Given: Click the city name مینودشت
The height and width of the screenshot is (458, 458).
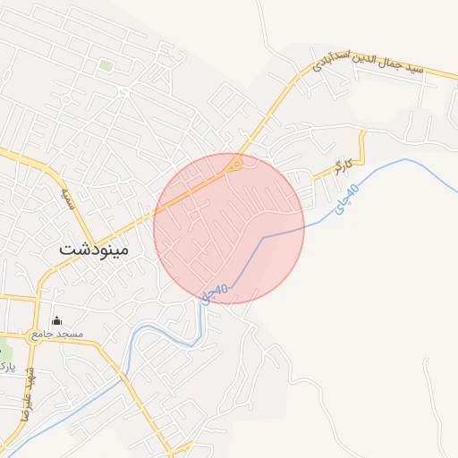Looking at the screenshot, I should point(94,249).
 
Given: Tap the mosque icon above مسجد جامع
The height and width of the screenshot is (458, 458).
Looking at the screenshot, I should point(57,321).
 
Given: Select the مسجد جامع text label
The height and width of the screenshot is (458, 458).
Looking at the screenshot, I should point(57,334).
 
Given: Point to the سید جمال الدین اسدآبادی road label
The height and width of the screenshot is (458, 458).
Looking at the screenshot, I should point(371,57).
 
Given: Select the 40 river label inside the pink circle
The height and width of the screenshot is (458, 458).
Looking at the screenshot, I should point(216,292).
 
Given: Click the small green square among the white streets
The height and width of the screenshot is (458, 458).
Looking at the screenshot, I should point(106,65).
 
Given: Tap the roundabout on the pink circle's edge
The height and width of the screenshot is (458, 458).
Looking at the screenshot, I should point(235,162).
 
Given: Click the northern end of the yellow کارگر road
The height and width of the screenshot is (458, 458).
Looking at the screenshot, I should point(363,133).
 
